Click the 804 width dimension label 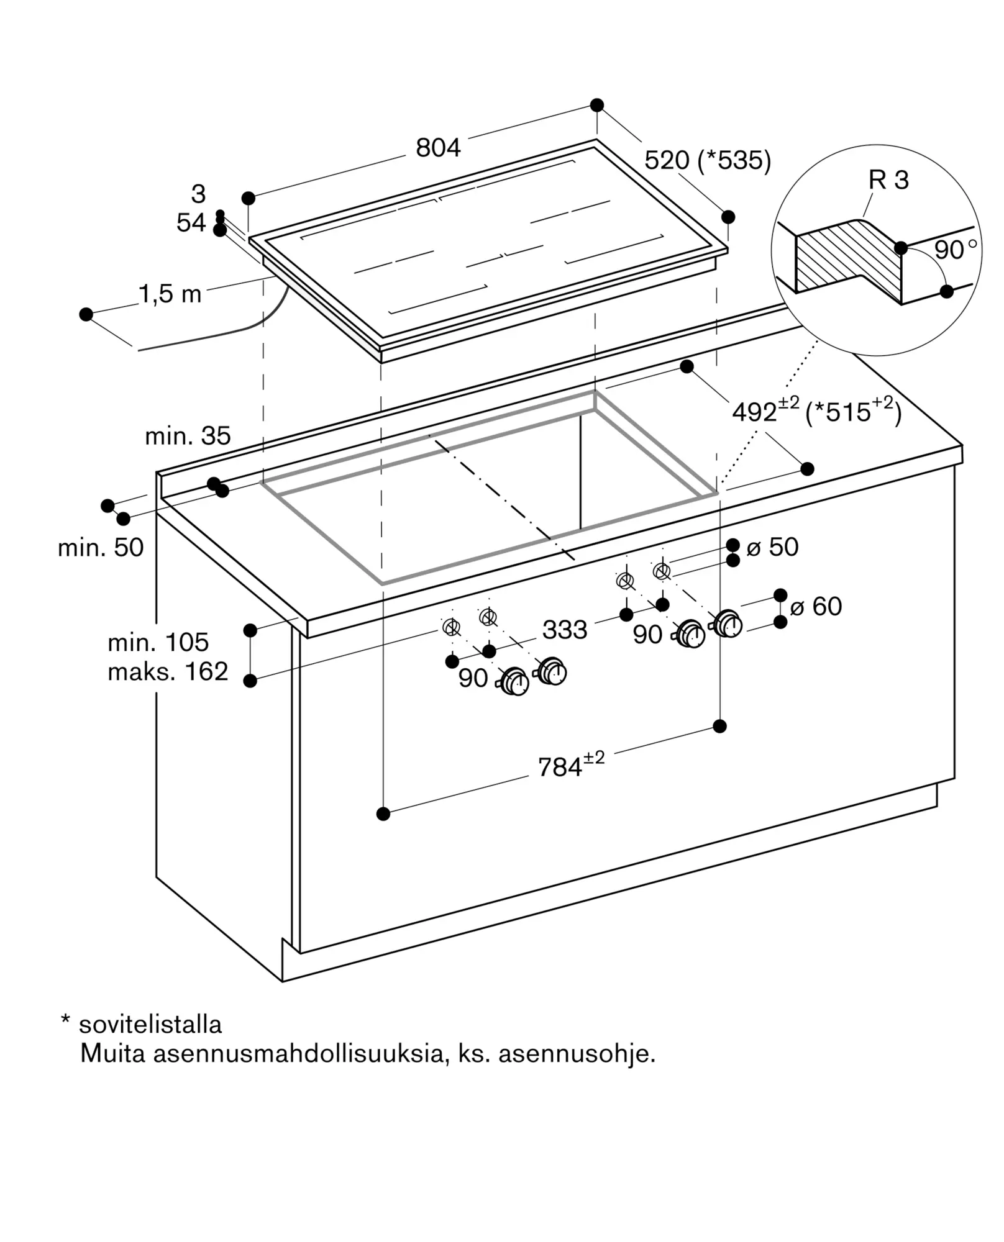pos(438,148)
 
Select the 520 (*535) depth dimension pos(708,160)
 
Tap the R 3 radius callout pos(888,180)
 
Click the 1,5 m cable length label pos(170,294)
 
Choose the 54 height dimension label pos(191,223)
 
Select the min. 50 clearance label pos(101,548)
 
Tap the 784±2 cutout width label pos(571,764)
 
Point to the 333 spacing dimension pos(565,630)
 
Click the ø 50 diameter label pos(772,547)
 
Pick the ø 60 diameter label pos(816,606)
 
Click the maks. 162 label pos(168,671)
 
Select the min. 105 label pos(158,642)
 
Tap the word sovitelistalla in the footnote pos(150,1025)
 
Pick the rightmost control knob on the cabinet pos(728,623)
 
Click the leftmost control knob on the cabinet pos(513,682)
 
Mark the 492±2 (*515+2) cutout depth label pos(816,410)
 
